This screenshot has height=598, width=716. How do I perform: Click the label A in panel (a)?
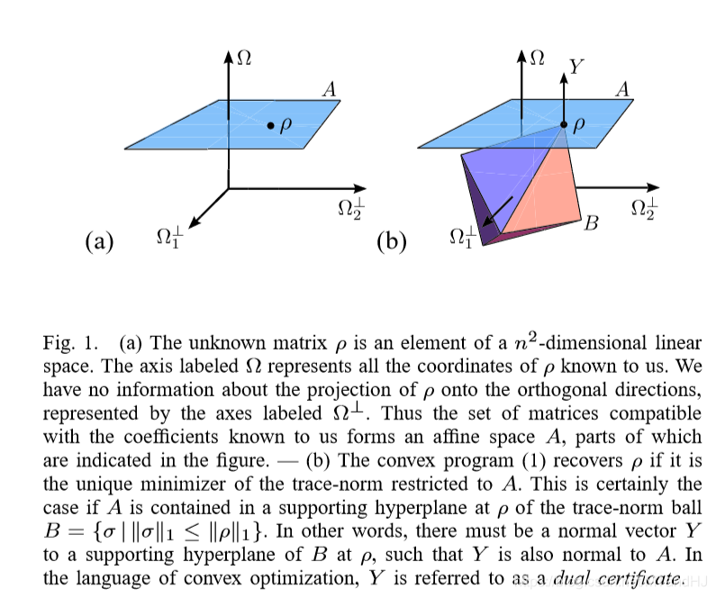pos(330,89)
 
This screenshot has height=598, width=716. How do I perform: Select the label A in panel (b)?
pos(622,89)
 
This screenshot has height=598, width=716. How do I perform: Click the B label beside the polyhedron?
pos(592,222)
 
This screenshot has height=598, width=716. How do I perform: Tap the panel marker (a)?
pos(99,241)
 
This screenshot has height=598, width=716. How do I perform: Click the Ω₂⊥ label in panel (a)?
pos(351,208)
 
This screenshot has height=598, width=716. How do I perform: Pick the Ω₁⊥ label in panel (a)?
pos(168,239)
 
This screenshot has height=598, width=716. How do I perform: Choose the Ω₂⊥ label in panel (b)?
pos(644,208)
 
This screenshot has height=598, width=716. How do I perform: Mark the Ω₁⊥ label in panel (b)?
pos(462,239)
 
